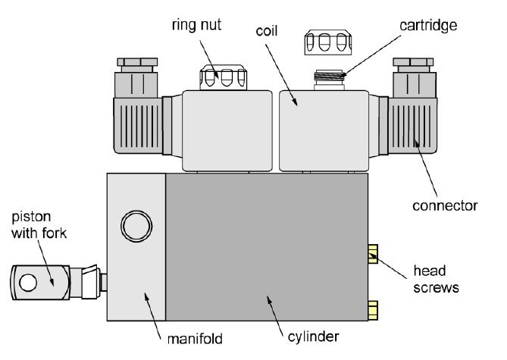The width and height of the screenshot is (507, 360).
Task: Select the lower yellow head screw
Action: point(372,308)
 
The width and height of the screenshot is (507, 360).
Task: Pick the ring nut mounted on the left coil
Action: point(219,76)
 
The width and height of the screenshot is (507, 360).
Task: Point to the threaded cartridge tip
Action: point(327,77)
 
